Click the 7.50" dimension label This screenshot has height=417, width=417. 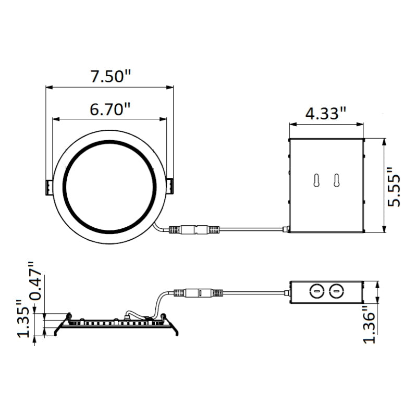coord(110,77)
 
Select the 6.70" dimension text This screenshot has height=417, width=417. coord(109,109)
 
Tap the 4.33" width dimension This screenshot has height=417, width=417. coord(326,114)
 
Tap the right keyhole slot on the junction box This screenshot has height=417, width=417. coord(337,180)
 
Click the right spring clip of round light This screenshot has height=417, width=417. coord(171,186)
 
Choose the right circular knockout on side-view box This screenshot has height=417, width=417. coord(337,291)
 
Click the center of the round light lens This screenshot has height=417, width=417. coord(109,186)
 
